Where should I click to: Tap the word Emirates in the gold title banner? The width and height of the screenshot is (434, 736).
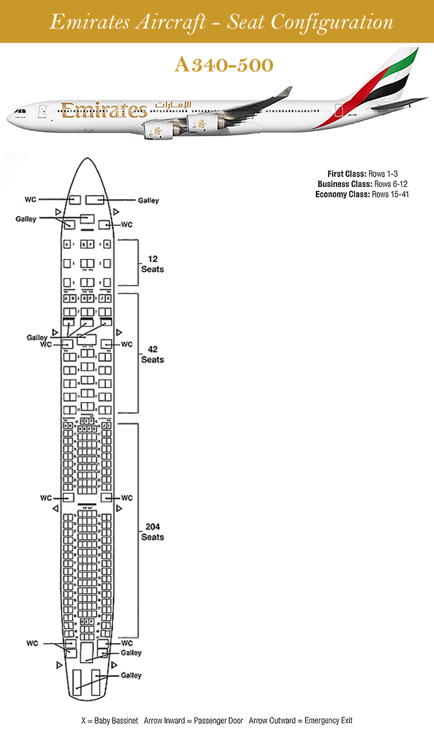tap(86, 22)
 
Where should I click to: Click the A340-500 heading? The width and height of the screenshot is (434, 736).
tap(223, 65)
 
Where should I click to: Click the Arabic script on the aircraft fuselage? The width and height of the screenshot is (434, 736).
tap(173, 104)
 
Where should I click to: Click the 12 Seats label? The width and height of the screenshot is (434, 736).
tap(153, 264)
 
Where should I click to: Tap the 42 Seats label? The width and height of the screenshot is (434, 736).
tap(153, 354)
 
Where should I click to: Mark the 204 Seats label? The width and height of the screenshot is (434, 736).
tap(153, 532)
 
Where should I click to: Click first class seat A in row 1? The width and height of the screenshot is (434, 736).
tap(67, 245)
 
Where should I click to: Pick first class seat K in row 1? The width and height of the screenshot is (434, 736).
tap(107, 245)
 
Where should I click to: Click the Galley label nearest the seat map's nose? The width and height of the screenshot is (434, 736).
tap(148, 201)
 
